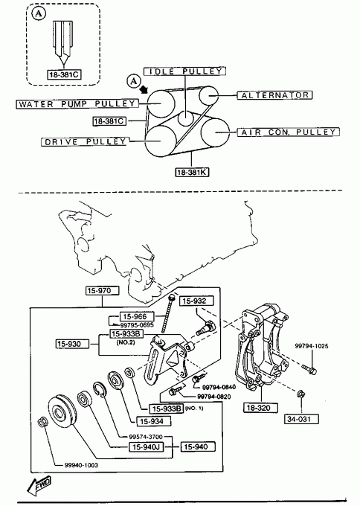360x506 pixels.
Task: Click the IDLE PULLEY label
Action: point(184,71)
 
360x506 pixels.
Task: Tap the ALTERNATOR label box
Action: point(275,95)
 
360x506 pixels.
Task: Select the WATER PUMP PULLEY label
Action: point(77,104)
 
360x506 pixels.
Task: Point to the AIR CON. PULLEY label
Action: point(289,132)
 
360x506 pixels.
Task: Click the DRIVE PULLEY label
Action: point(84,141)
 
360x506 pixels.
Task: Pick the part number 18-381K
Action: point(192,172)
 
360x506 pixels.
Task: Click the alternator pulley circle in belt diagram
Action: point(208,95)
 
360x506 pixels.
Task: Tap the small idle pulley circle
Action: point(186,118)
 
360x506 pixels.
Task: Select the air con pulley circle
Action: point(215,132)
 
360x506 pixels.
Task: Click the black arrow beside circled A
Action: point(144,89)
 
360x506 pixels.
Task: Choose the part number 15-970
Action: point(103,291)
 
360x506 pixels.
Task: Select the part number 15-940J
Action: point(146,447)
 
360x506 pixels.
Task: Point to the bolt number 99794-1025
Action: point(312,346)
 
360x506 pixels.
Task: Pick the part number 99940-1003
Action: point(81,465)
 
